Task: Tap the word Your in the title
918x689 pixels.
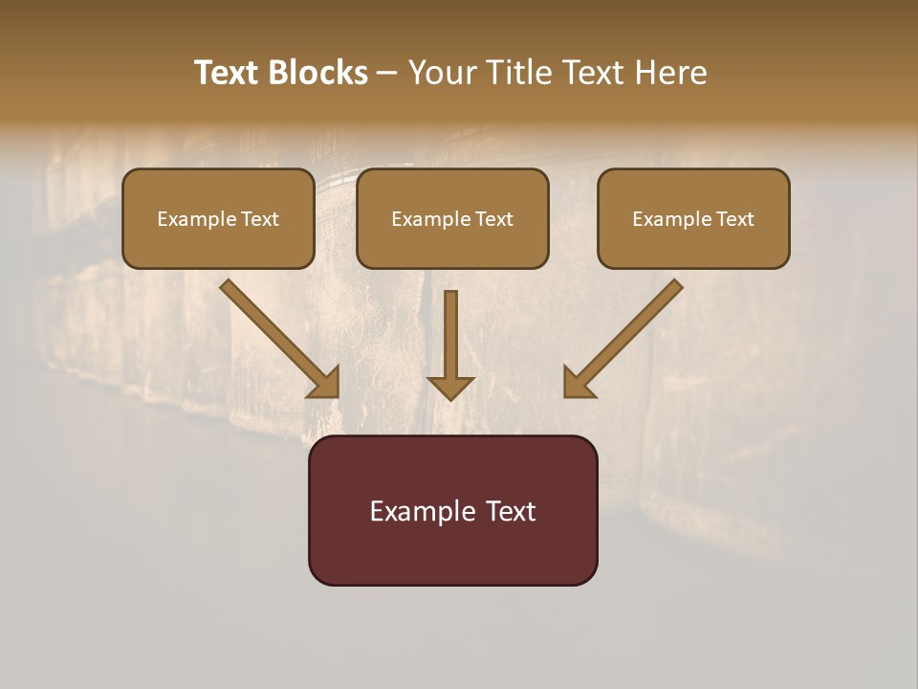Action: tap(443, 73)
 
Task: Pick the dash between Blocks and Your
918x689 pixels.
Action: tap(387, 74)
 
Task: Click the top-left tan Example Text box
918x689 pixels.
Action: tap(218, 218)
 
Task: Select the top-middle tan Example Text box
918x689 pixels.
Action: tap(452, 218)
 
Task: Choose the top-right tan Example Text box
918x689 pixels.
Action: tap(693, 218)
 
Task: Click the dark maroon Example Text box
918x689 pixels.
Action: tap(452, 510)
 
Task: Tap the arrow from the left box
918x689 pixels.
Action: tap(277, 337)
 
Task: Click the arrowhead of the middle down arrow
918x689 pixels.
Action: tap(450, 387)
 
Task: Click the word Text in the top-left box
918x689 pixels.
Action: tap(260, 219)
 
